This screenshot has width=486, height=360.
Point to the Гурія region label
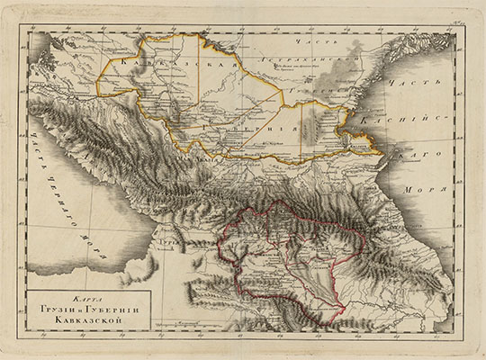click(x=167, y=243)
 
